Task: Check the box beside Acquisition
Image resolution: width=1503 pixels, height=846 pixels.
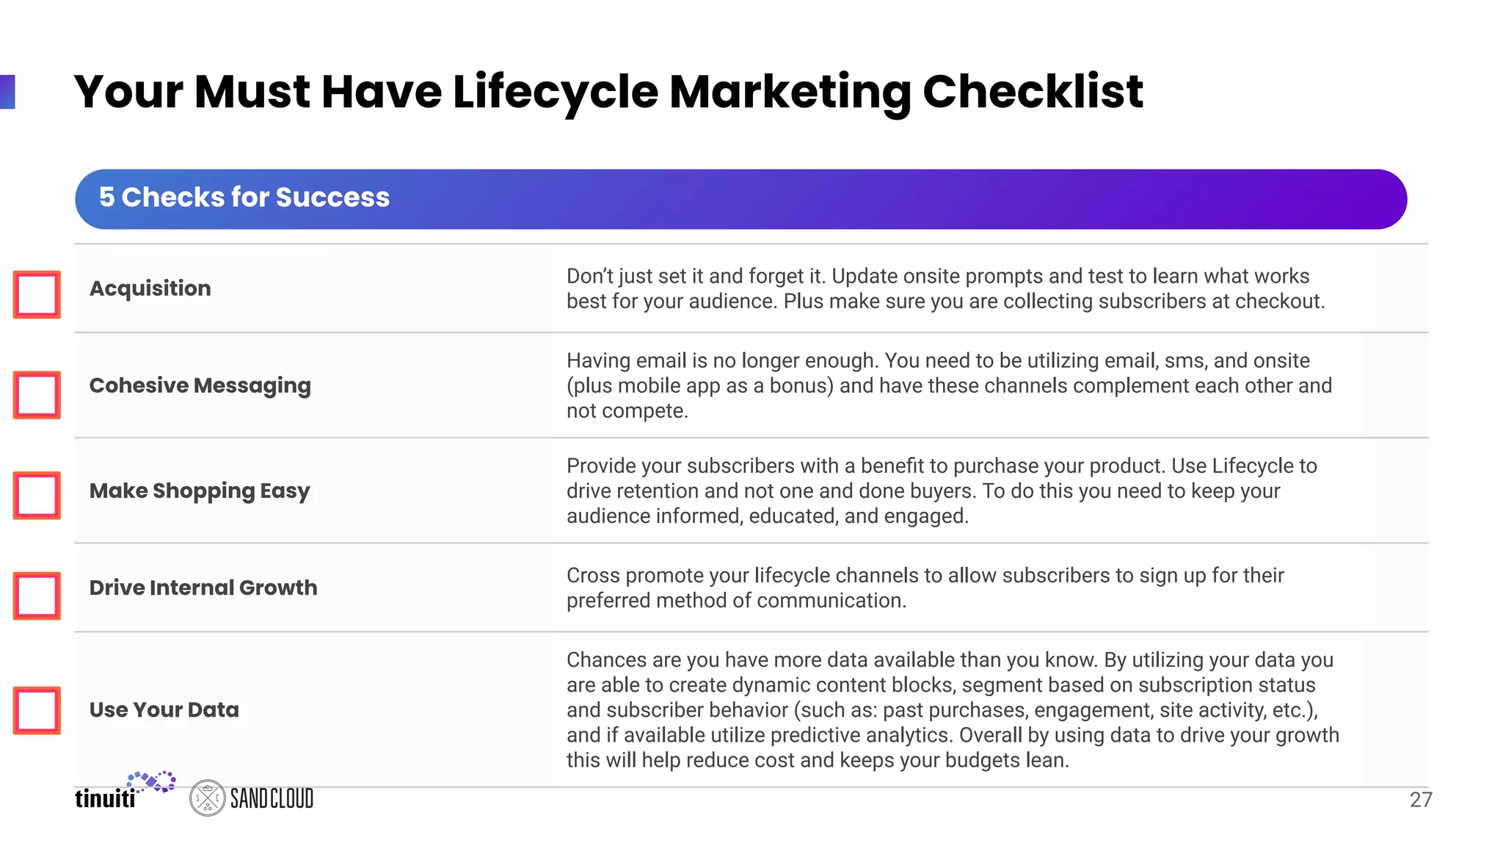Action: point(37,294)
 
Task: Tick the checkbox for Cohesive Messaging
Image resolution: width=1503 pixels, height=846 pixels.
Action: point(37,394)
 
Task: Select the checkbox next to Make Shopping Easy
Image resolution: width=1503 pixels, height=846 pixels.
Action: point(37,495)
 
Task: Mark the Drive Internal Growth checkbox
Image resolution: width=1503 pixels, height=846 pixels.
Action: point(37,595)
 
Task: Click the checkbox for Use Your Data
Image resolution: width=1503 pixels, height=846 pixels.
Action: point(37,710)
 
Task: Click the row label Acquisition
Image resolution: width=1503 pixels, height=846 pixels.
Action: point(150,288)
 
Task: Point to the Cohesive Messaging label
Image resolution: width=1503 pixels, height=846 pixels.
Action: point(200,386)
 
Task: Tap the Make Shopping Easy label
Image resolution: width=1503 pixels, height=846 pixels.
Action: point(200,491)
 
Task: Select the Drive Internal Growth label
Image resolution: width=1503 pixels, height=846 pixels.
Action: point(203,587)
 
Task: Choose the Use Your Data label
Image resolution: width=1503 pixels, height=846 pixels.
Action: point(164,709)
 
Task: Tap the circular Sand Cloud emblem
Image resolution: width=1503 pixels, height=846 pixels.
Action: point(207,798)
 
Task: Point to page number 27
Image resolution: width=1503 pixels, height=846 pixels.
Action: point(1421,800)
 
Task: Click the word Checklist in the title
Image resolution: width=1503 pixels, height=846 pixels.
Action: point(1033,93)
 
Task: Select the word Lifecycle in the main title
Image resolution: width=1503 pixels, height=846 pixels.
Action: point(556,93)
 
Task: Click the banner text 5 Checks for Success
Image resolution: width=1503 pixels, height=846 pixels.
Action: point(244,198)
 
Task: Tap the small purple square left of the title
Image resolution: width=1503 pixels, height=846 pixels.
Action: point(7,92)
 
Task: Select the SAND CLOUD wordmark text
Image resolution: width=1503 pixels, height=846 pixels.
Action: point(272,798)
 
